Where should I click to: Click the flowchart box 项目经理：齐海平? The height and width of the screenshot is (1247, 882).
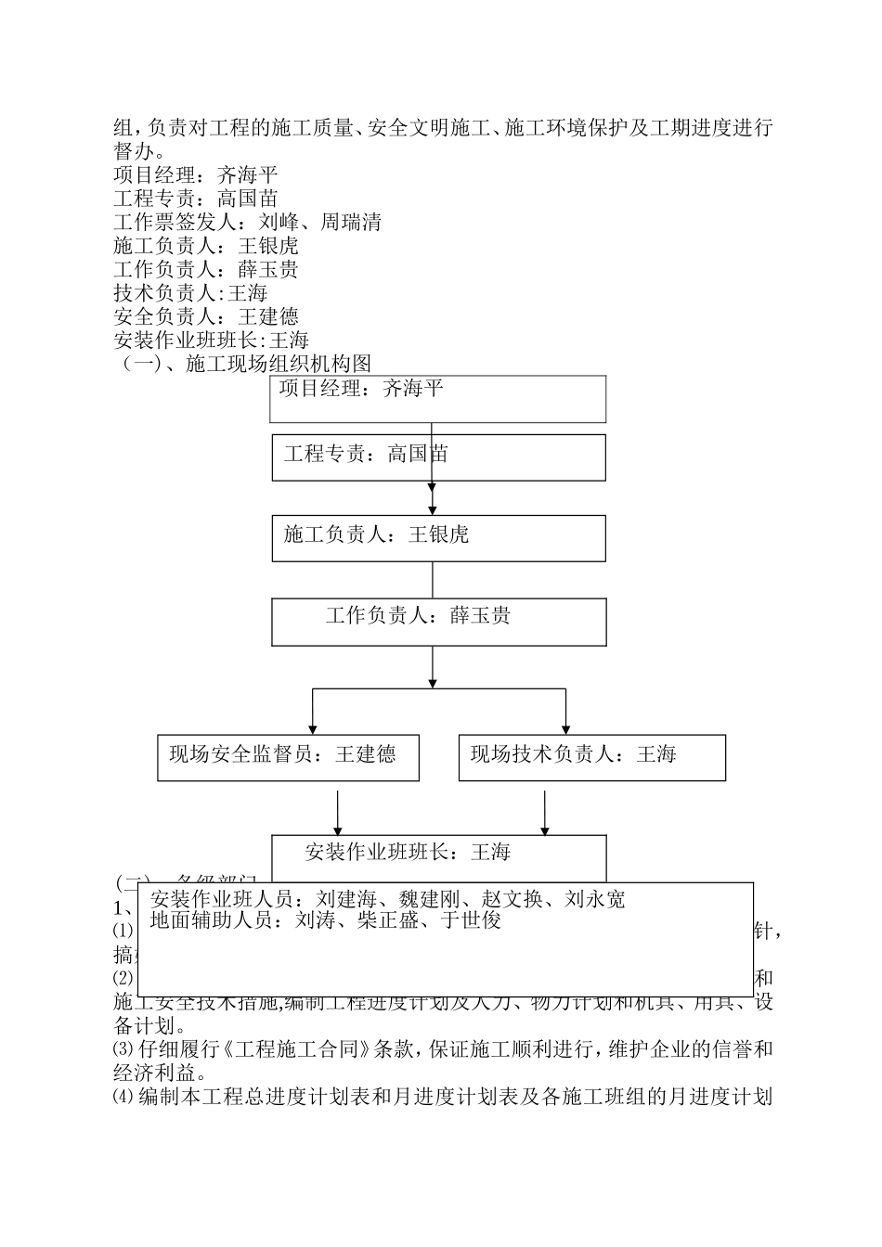(438, 399)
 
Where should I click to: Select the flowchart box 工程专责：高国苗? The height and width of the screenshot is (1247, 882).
(438, 457)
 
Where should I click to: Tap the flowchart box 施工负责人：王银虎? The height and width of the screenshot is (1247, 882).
(438, 538)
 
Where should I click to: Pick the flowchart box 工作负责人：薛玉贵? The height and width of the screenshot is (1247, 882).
(438, 621)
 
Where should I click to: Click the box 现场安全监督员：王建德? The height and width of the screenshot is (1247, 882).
(288, 757)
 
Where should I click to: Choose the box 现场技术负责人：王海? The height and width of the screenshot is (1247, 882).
(591, 757)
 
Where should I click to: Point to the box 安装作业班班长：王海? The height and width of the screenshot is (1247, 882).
(438, 853)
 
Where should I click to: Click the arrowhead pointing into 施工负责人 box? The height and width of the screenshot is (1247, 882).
(433, 509)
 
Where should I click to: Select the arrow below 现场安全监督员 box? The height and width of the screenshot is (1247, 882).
(337, 812)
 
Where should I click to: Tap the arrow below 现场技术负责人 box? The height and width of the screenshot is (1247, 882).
(545, 812)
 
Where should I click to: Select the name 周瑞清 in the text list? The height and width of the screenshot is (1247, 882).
(351, 223)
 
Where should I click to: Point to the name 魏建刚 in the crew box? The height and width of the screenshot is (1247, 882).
(430, 899)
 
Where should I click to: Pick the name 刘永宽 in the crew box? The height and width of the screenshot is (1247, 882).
(595, 899)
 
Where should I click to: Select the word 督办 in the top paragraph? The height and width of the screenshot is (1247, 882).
(135, 151)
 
